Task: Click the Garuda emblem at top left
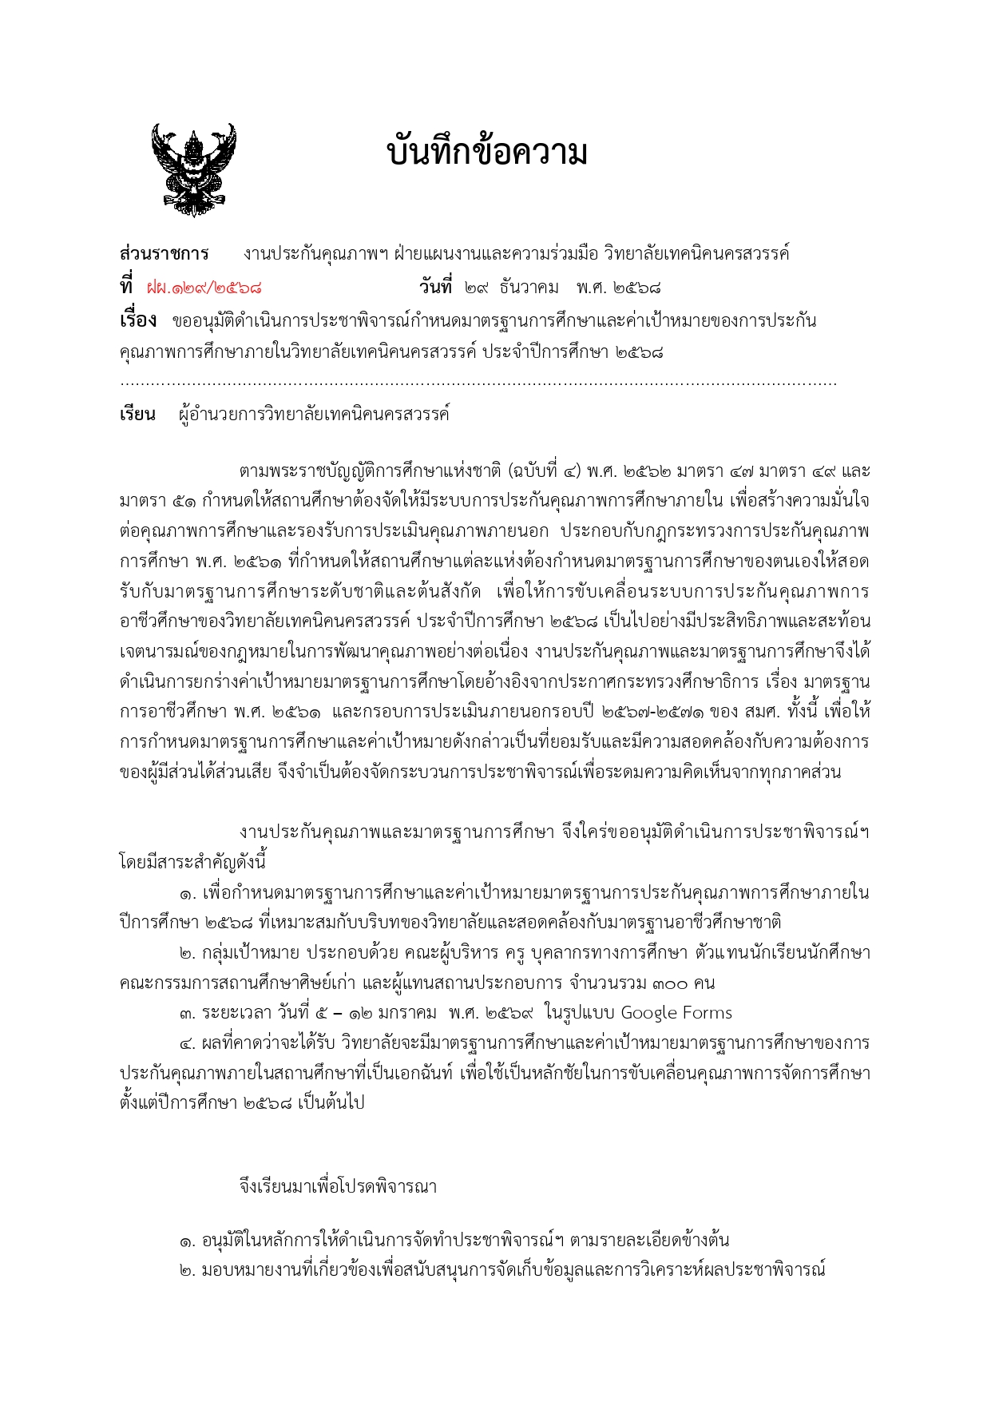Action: click(x=193, y=169)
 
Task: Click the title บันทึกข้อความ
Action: click(x=487, y=152)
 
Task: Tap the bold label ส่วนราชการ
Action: click(x=164, y=254)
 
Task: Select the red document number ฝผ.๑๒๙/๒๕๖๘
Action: click(x=204, y=288)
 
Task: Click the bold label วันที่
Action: click(x=435, y=286)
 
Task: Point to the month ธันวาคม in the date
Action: click(x=529, y=288)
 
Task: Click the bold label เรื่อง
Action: click(x=137, y=320)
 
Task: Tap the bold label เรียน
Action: click(x=137, y=415)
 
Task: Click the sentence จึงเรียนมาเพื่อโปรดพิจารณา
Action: click(x=338, y=1186)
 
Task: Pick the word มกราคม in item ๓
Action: click(x=408, y=1013)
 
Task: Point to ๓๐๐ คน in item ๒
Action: click(x=683, y=983)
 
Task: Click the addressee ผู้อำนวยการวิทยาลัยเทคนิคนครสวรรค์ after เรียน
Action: click(x=315, y=415)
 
